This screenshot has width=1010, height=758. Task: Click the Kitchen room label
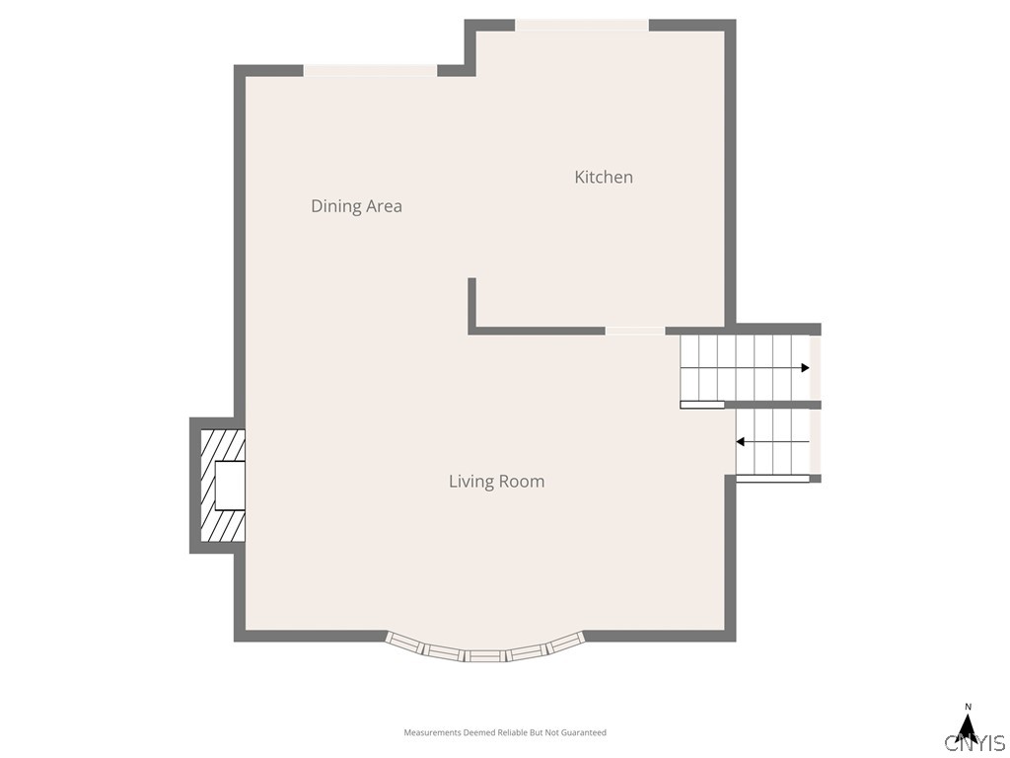604,178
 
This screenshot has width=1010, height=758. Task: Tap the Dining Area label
356,206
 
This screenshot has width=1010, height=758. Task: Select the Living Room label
497,482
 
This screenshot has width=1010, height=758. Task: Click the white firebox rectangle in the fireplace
230,486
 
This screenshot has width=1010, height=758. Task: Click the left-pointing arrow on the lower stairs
772,441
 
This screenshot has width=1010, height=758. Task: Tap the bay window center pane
485,655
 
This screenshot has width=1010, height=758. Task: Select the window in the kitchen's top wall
582,25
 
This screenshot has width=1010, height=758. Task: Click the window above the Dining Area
371,71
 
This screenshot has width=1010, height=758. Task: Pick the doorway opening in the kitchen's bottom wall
635,331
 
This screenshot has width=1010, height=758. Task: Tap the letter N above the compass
968,707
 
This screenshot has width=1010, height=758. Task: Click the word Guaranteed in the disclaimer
584,732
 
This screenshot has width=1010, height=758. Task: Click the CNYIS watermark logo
975,742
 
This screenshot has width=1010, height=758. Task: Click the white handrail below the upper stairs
702,405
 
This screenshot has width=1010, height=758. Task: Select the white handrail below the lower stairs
772,479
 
